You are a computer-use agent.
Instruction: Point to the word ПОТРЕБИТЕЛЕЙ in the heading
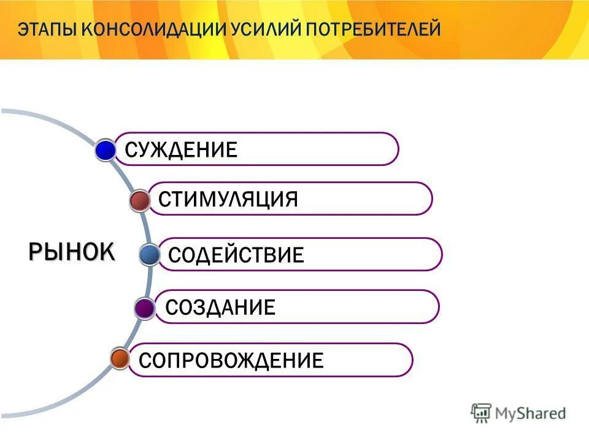[375, 29]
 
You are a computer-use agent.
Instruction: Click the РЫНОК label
[71, 251]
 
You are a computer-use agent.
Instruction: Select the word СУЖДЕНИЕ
[181, 149]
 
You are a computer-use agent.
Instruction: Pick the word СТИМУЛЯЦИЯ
[228, 199]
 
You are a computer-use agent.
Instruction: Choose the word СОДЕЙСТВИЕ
[236, 255]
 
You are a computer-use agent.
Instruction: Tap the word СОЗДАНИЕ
[220, 307]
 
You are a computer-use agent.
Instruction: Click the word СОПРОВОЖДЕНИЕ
[231, 360]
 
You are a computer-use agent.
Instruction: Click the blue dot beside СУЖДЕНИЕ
[106, 150]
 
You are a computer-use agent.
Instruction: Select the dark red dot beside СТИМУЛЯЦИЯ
[141, 200]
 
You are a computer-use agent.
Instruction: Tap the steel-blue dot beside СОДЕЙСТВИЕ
[149, 254]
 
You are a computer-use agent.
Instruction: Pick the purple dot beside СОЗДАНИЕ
[145, 308]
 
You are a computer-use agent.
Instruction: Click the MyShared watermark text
[531, 413]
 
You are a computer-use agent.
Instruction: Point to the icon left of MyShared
[482, 413]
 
